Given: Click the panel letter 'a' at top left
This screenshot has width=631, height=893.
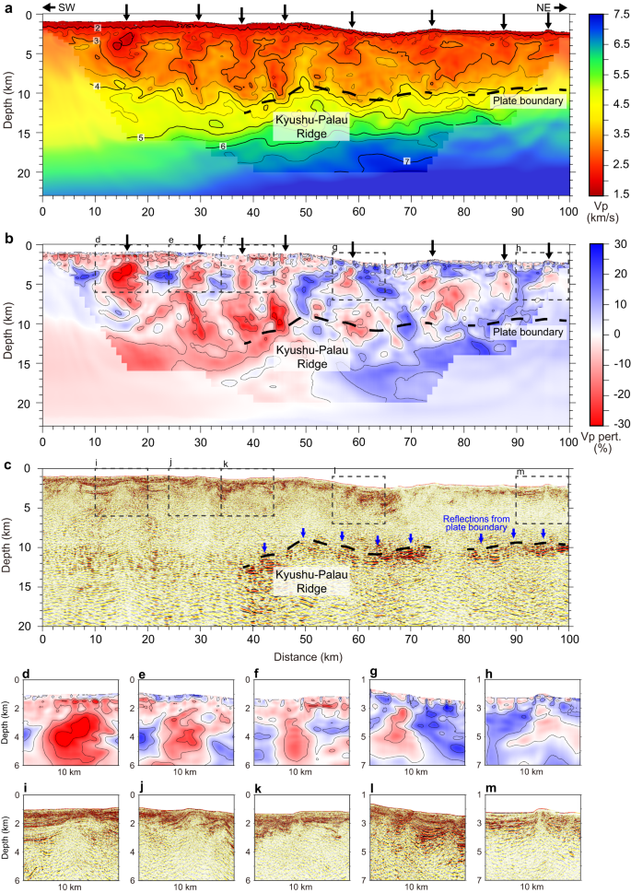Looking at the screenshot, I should click(8, 7).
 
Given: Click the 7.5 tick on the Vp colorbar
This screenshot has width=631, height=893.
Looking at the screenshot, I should click(611, 16).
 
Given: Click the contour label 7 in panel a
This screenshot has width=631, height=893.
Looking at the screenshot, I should click(406, 162).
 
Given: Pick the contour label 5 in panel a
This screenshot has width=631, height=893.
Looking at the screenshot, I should click(140, 138).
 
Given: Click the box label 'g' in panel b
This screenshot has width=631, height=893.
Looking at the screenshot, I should click(334, 247).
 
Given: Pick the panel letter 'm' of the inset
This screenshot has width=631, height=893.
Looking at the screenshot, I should click(484, 784).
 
